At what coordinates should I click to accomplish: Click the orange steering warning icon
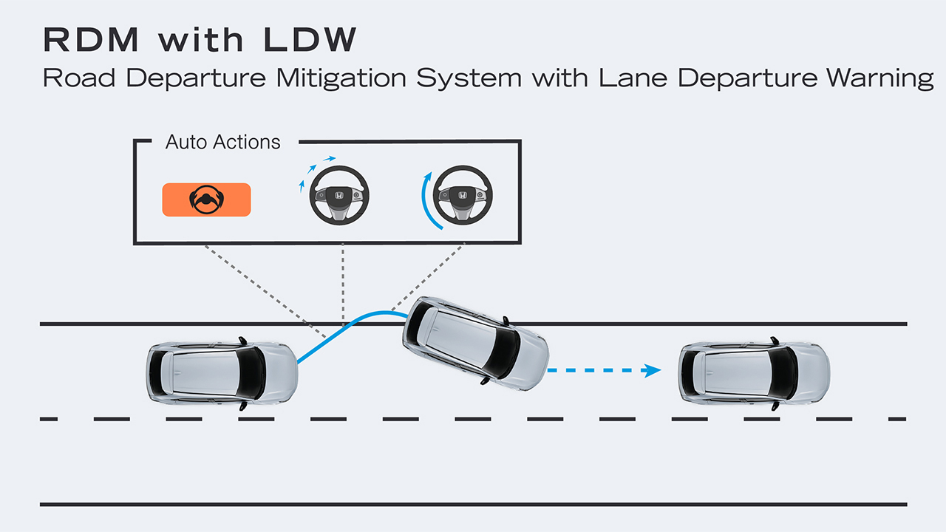(x=206, y=199)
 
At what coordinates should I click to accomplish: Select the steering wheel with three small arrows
(x=338, y=196)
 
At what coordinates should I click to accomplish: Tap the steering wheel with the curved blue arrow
(x=462, y=196)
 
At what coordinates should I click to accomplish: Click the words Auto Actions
(x=222, y=142)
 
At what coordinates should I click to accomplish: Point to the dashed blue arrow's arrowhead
(x=653, y=370)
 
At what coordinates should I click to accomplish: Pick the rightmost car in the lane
(x=755, y=372)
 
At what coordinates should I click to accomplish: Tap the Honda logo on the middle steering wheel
(x=338, y=196)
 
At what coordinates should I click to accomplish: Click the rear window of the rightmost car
(x=693, y=372)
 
